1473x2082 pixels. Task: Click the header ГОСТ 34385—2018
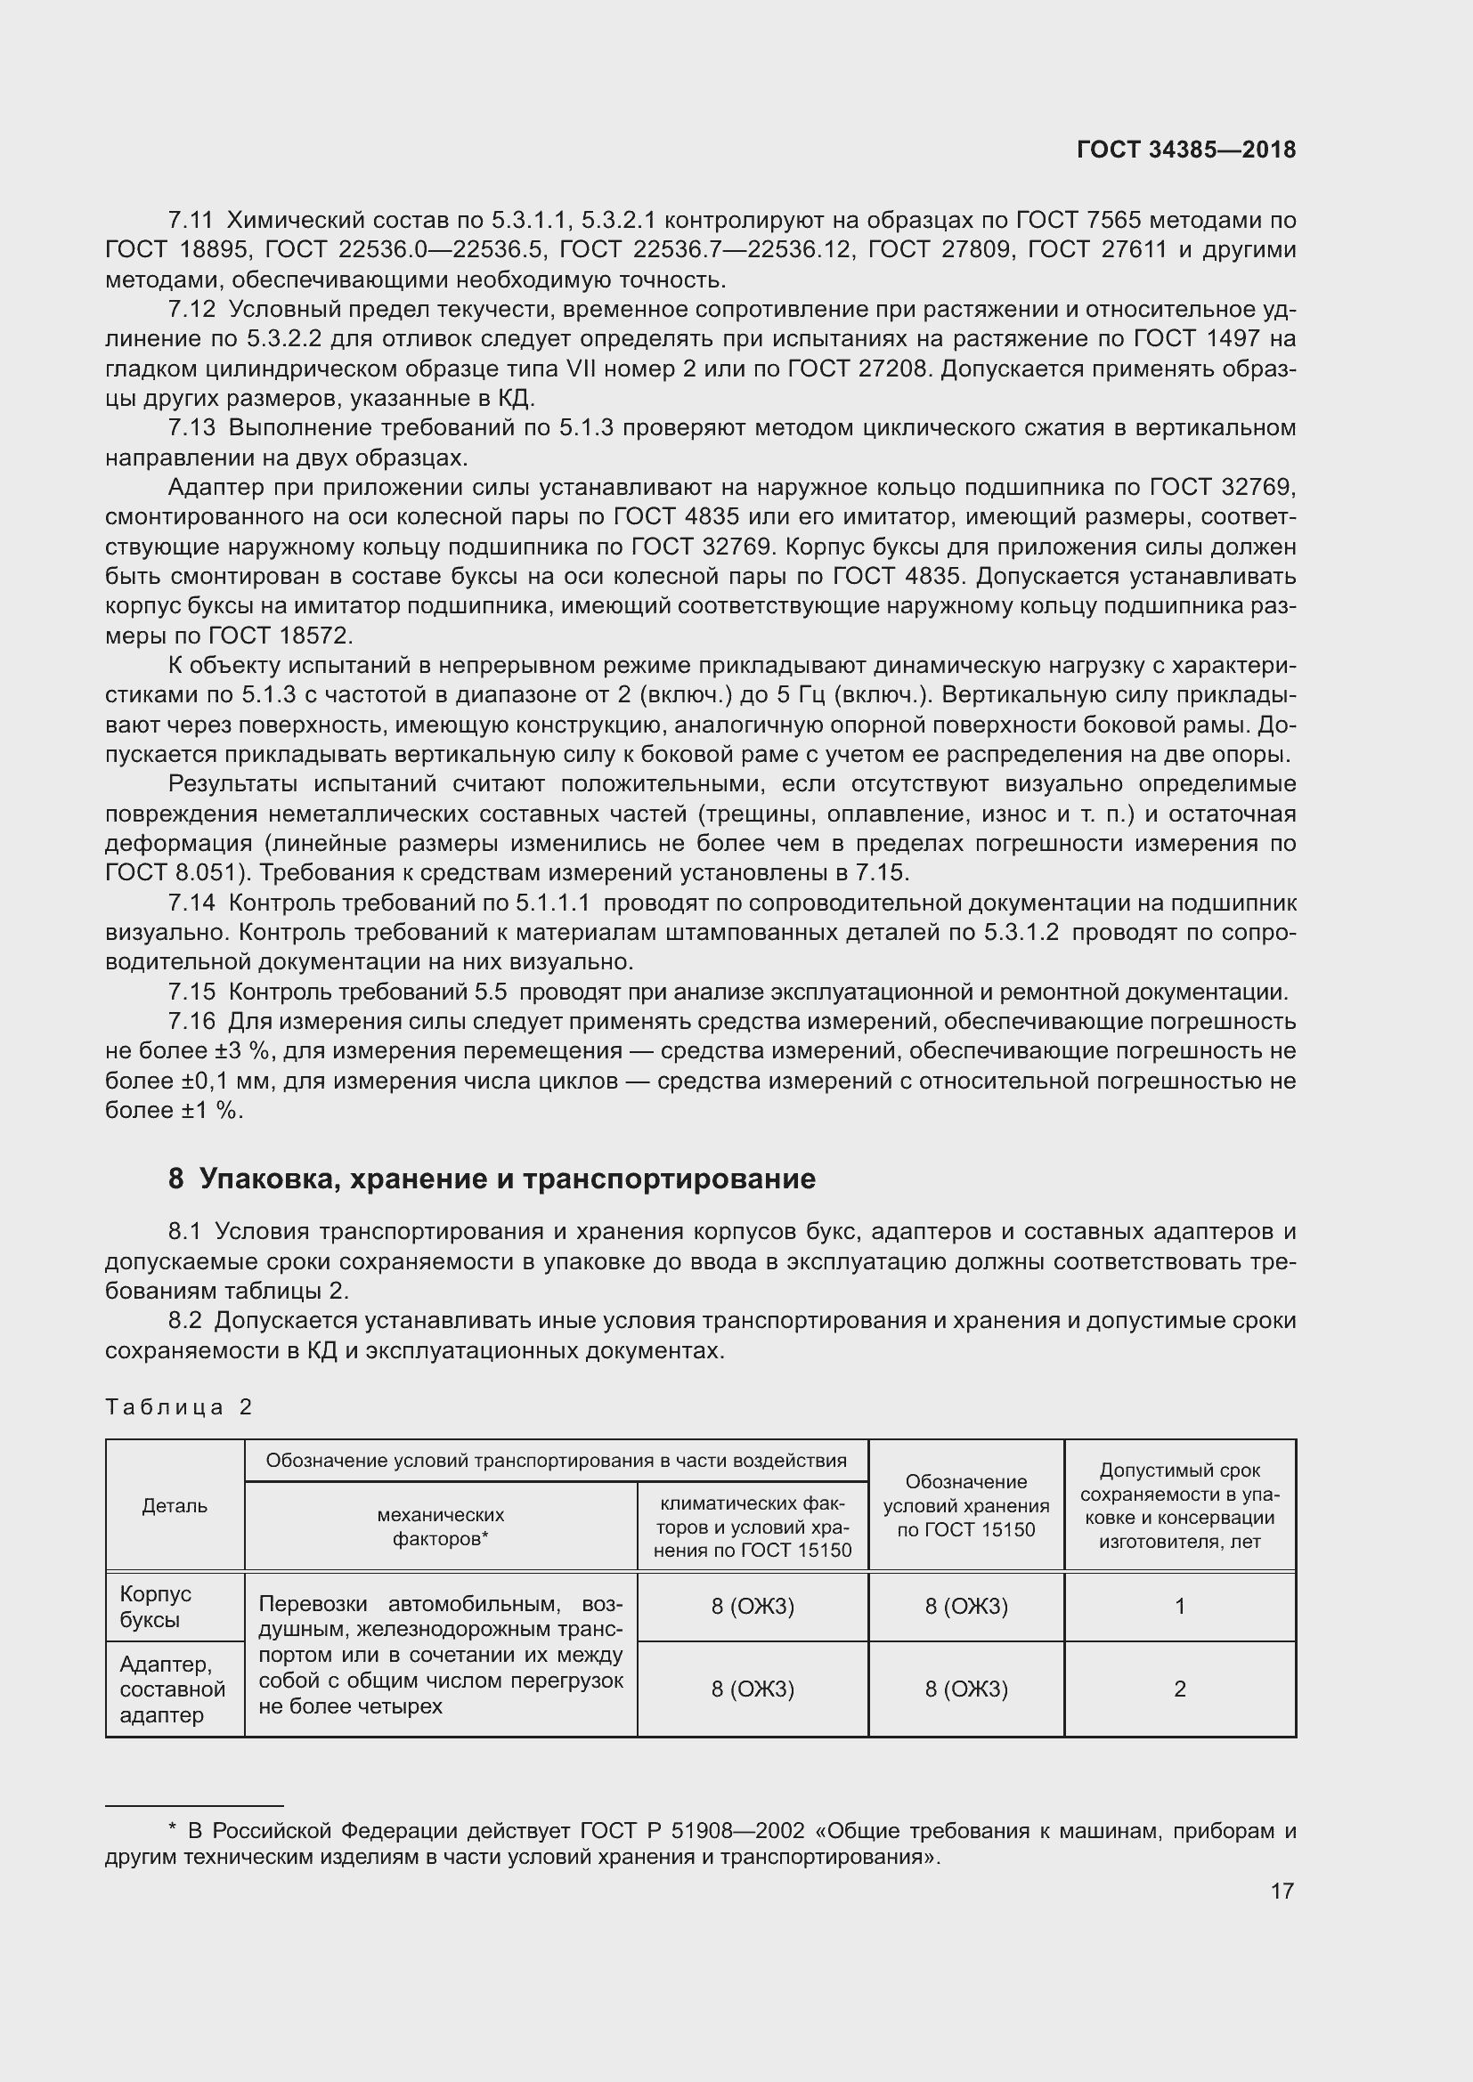(x=1185, y=150)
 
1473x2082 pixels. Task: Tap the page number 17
(x=1282, y=1891)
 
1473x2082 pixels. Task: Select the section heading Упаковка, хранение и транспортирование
(x=492, y=1179)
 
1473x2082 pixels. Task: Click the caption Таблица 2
(x=179, y=1406)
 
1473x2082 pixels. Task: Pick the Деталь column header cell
(x=175, y=1506)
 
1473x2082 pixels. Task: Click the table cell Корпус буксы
(x=156, y=1607)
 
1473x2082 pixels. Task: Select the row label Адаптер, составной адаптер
(x=173, y=1689)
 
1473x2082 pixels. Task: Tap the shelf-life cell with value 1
(x=1179, y=1607)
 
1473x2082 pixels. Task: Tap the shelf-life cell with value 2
(x=1179, y=1689)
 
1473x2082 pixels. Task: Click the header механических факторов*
(x=441, y=1527)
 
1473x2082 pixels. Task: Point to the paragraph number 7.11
(x=191, y=221)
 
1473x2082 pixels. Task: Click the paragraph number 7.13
(x=191, y=428)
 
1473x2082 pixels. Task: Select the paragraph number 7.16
(x=191, y=1022)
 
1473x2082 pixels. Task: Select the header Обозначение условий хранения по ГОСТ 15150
(x=966, y=1506)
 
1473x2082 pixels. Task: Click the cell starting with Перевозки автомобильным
(x=441, y=1655)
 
